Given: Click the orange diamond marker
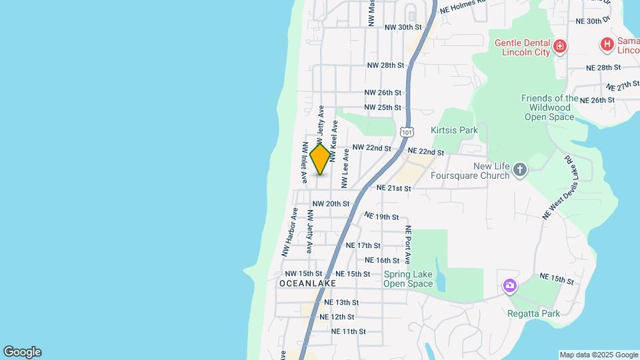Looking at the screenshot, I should click(320, 160).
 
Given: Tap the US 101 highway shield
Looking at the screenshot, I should click(407, 131).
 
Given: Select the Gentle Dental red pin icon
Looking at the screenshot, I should click(560, 47).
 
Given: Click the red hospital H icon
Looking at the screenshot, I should click(607, 45).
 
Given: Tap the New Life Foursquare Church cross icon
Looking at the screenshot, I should click(520, 171).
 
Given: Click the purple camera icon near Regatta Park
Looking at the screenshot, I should click(510, 286).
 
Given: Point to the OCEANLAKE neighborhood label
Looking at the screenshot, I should click(307, 283).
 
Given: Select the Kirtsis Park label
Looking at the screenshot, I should click(454, 130).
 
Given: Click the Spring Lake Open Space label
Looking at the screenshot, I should click(408, 279).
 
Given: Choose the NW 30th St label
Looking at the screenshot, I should click(403, 27).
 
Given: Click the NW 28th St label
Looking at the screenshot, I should click(385, 65).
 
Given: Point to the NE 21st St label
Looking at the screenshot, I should click(393, 189).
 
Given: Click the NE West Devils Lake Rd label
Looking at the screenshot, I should click(558, 189).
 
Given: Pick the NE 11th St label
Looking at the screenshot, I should click(348, 331).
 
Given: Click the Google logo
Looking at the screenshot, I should click(22, 352).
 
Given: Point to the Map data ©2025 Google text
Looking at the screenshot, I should click(598, 355).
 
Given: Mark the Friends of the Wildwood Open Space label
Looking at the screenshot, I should click(550, 107).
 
